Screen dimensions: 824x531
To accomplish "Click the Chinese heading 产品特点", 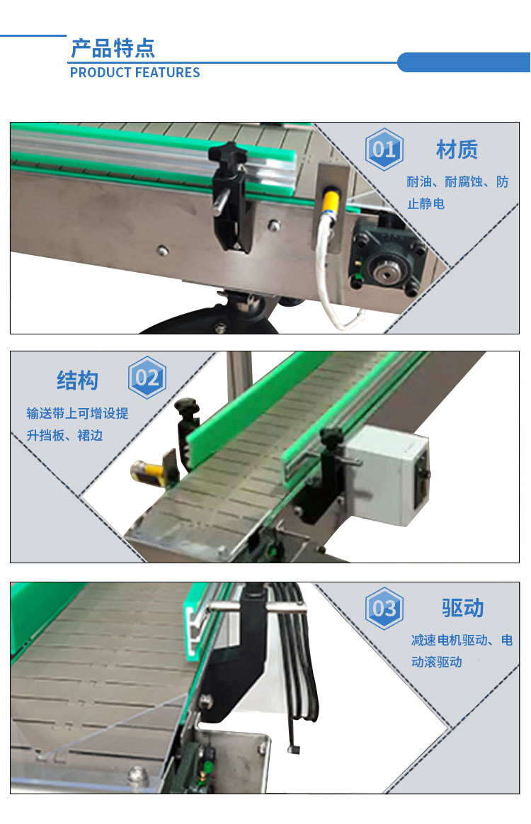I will click(x=113, y=48).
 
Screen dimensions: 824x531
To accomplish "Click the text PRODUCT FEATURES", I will click(x=135, y=72).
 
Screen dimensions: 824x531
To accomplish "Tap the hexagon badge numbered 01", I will click(x=384, y=149).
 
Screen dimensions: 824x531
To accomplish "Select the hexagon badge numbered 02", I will click(x=147, y=378).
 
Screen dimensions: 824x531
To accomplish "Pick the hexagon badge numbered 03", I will click(x=384, y=609).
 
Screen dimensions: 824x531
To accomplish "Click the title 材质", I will click(x=457, y=149).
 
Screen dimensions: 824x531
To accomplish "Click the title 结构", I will click(x=77, y=380).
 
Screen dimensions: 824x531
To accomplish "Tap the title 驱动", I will click(x=462, y=608).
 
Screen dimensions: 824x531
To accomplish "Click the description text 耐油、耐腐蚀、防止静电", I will click(x=457, y=193).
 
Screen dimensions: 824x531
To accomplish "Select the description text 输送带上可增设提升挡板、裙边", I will click(x=77, y=424).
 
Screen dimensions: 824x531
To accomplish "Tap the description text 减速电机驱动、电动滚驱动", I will click(x=462, y=651).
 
